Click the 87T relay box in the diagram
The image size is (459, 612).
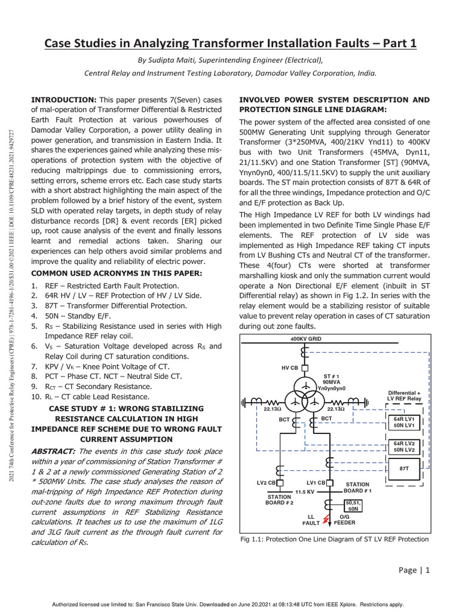click(x=404, y=469)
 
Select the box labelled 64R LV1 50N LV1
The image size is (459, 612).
click(x=404, y=423)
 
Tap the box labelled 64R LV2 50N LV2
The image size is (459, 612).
click(x=404, y=446)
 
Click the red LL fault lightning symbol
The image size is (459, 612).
click(x=326, y=519)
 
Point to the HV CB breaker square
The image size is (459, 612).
click(x=304, y=366)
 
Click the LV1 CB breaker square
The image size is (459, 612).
click(x=329, y=483)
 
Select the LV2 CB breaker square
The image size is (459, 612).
click(x=280, y=483)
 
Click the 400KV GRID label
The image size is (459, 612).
click(x=305, y=339)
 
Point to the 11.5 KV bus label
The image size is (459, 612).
click(x=304, y=491)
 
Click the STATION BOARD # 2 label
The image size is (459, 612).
click(x=279, y=499)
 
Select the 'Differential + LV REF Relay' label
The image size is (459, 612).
click(x=405, y=396)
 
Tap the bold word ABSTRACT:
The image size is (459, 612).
click(x=53, y=451)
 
